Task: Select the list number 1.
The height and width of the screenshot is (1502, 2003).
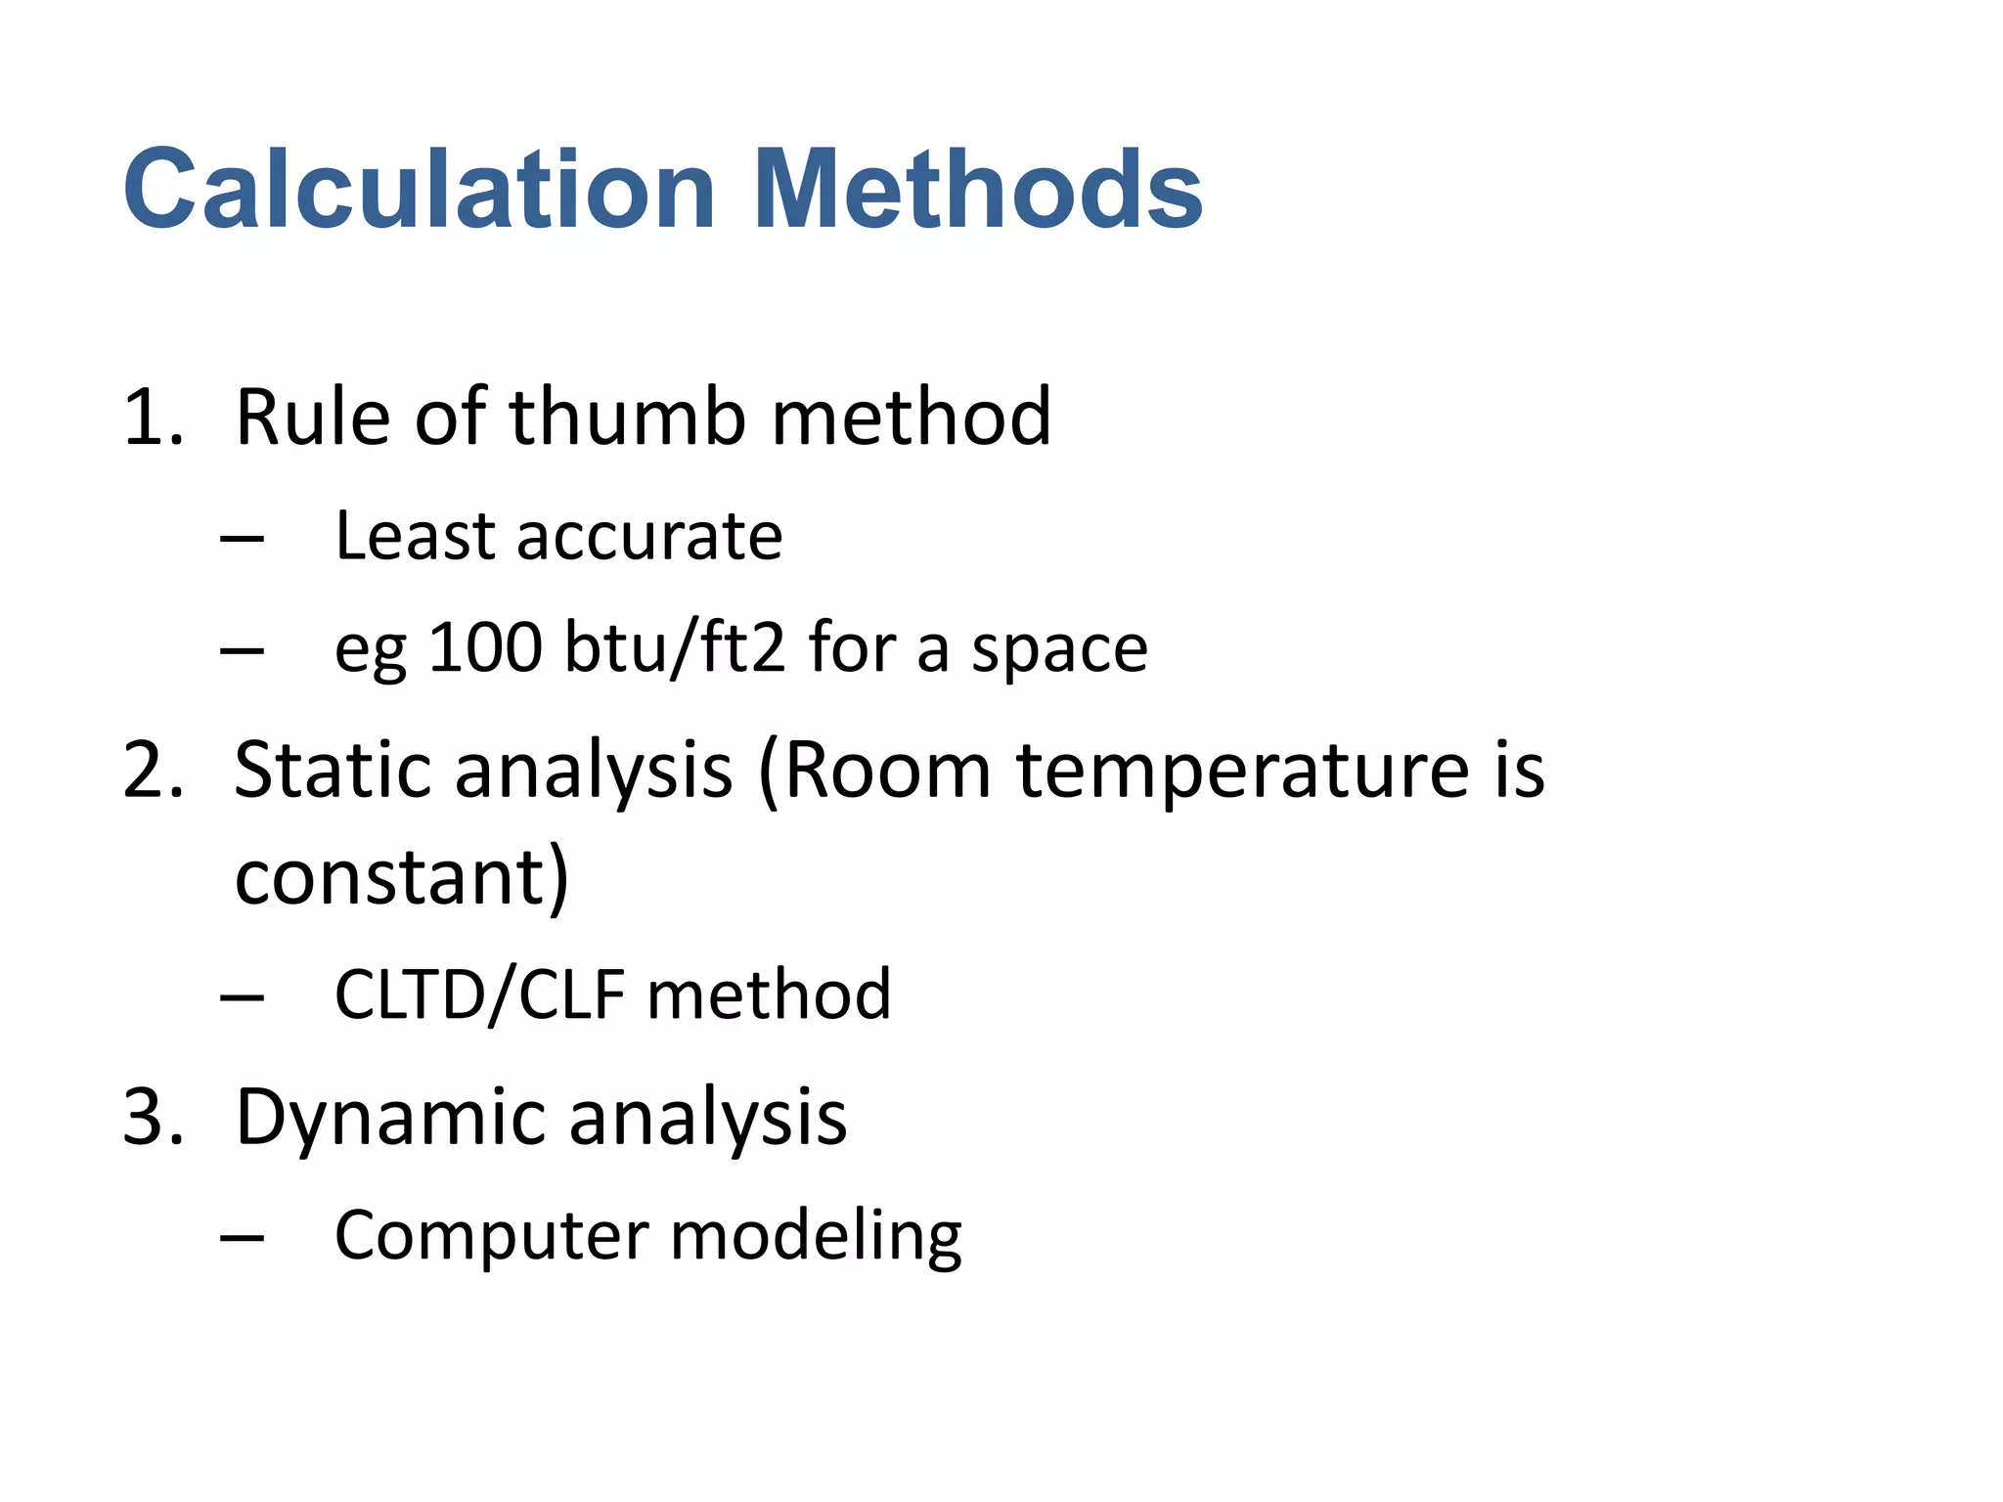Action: tap(152, 418)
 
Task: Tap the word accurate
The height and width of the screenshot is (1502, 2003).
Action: tap(649, 538)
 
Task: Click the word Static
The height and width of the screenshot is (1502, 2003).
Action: tap(333, 771)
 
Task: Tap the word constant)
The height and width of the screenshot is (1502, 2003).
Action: tap(401, 877)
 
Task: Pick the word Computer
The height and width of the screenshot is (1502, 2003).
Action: tap(491, 1237)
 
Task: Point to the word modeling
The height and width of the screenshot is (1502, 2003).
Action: tap(816, 1237)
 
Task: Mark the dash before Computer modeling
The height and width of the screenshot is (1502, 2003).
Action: tap(243, 1239)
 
